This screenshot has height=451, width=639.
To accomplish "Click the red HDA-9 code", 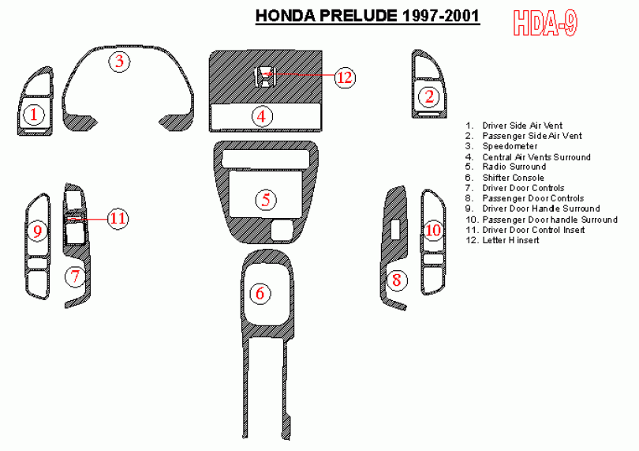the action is [x=545, y=23].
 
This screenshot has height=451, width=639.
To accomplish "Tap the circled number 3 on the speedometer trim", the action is [x=119, y=62].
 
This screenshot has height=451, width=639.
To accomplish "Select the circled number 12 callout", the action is [x=345, y=77].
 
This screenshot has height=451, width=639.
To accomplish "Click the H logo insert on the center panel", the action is [x=264, y=77].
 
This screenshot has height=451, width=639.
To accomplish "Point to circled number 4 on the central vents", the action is [x=262, y=116].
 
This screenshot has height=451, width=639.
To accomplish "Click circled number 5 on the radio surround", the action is [x=266, y=200].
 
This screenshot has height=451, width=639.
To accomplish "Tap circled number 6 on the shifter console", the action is [x=260, y=293].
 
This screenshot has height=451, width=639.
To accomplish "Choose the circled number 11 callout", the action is [x=118, y=218].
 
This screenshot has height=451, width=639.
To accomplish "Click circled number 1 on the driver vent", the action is [x=34, y=115].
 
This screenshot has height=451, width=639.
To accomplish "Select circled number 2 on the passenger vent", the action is [x=429, y=96].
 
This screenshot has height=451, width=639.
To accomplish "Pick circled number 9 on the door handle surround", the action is [x=38, y=231].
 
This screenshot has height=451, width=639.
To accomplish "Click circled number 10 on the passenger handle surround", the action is [x=433, y=230].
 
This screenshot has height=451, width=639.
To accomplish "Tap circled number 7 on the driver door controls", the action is [x=75, y=276].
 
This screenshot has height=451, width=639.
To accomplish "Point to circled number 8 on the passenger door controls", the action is [x=397, y=280].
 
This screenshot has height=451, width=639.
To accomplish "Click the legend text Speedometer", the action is [x=510, y=146].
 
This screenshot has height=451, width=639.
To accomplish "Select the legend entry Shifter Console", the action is [x=513, y=178].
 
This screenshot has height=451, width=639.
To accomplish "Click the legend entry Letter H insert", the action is [x=510, y=240].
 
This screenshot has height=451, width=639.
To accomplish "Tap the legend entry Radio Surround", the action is [x=514, y=167].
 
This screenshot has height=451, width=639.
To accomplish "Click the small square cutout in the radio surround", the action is [x=282, y=230].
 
